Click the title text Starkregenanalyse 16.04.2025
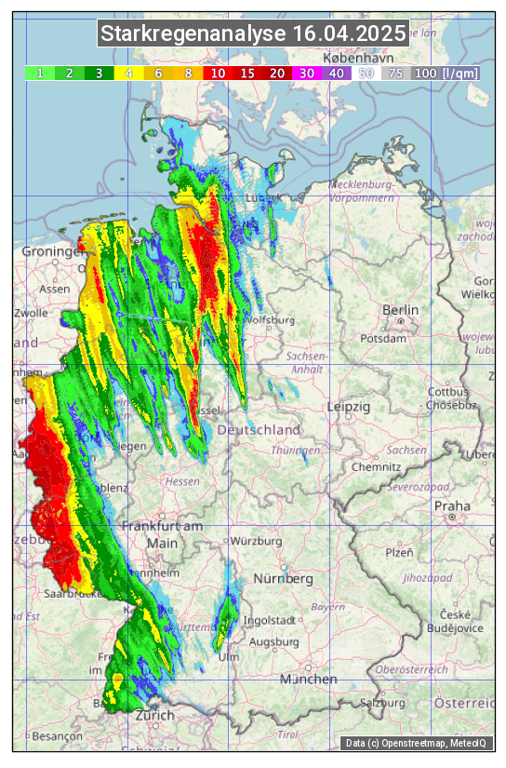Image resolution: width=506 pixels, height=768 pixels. tap(253, 34)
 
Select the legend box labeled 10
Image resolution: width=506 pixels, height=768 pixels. tap(218, 73)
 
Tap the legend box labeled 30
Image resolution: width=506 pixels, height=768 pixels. tap(307, 73)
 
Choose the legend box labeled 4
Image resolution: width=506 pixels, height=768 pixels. tap(128, 73)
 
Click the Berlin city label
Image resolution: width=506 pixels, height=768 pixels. tap(401, 310)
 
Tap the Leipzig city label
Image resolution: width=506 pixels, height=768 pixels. tap(349, 408)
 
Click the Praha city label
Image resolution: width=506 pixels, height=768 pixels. tap(451, 505)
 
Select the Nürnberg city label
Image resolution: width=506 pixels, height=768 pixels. tap(284, 579)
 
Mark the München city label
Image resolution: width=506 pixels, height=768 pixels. tap(308, 680)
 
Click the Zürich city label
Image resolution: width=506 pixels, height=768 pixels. tap(154, 715)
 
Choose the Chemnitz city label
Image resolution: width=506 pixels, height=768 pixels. tap(381, 465)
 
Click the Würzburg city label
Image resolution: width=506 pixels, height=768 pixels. tap(256, 541)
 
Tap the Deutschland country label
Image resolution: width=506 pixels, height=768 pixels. tap(259, 430)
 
